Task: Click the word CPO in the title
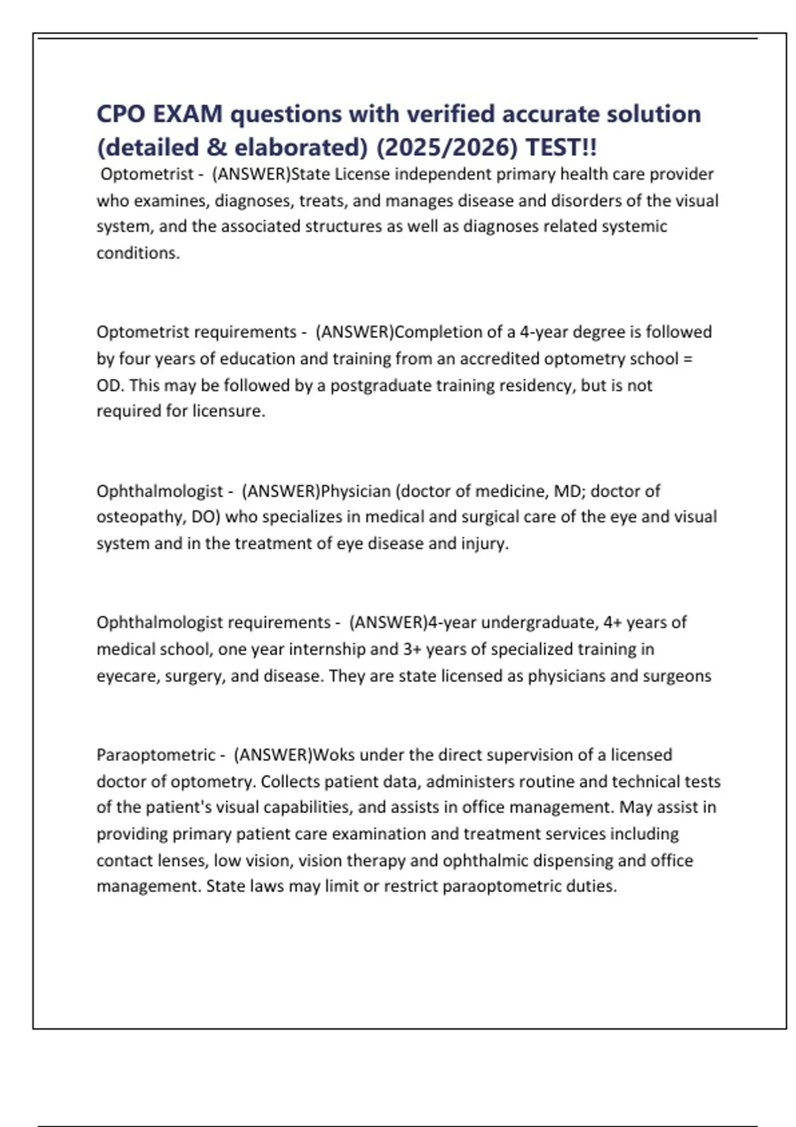(x=121, y=114)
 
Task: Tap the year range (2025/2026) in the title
(x=446, y=147)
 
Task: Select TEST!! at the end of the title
(x=561, y=147)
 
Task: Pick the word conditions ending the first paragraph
(x=138, y=253)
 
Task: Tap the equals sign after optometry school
(x=687, y=359)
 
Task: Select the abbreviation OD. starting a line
(x=110, y=385)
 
